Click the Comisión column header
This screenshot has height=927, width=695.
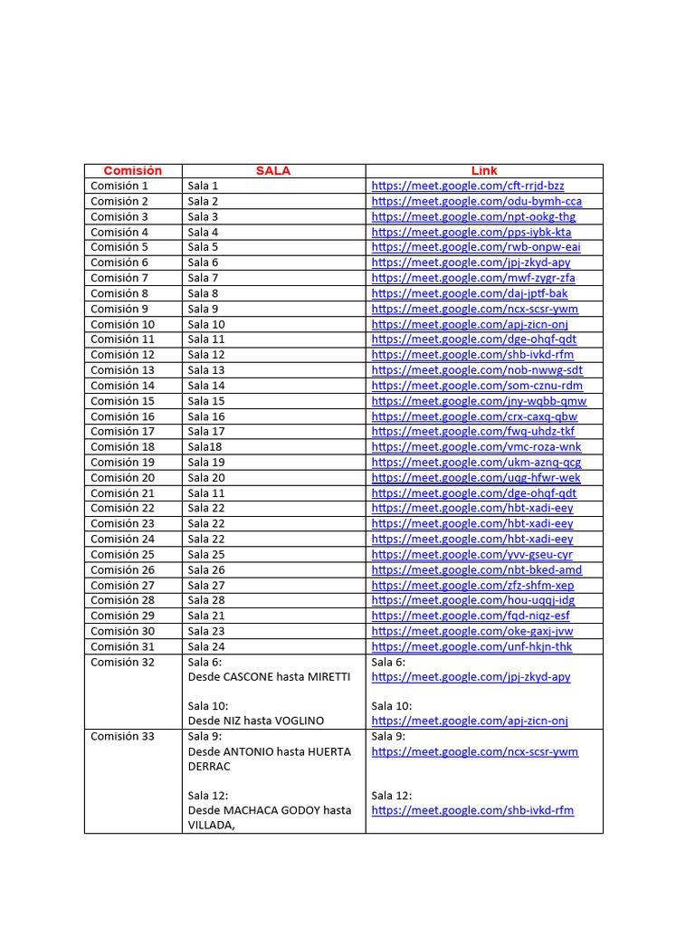point(132,170)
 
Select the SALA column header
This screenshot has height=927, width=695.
point(272,170)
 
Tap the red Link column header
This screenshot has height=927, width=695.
point(484,170)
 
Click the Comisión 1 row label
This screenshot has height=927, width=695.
point(119,186)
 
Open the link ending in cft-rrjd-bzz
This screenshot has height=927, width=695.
point(467,186)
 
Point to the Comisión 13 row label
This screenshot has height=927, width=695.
point(122,370)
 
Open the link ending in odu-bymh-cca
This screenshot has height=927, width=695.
point(476,201)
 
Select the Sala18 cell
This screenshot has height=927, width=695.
point(205,447)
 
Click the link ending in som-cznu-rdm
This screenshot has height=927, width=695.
point(477,386)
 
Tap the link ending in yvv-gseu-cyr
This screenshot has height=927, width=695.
point(471,554)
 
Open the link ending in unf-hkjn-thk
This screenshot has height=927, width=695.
point(471,646)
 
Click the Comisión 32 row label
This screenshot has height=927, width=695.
point(122,662)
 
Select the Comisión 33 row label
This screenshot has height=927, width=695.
point(122,736)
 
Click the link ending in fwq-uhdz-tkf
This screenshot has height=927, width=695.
point(472,432)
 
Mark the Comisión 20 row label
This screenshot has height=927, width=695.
point(122,478)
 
